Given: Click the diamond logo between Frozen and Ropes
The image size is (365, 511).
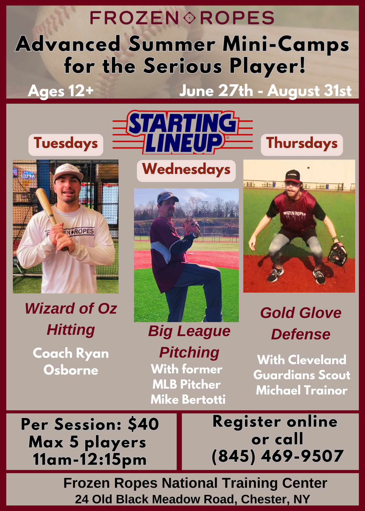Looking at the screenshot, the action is [x=189, y=18].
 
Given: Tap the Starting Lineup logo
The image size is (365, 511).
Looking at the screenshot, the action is [x=182, y=132].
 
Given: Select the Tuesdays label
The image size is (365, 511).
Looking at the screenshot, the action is [x=66, y=145].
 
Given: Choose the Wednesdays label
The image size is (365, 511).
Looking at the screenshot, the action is [x=186, y=171].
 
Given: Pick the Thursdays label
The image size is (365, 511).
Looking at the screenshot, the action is [x=302, y=145].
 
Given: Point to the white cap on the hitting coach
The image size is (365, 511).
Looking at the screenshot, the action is [x=68, y=172].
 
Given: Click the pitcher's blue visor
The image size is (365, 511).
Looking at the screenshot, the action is [x=167, y=197].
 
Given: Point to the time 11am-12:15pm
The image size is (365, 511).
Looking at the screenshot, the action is [x=90, y=460].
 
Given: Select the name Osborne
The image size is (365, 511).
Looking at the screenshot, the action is [x=71, y=370].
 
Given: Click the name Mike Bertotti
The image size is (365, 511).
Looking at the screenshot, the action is [x=188, y=399].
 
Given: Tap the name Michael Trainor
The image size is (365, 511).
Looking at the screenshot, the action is [x=302, y=390].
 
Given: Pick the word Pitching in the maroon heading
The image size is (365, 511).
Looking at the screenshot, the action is [x=189, y=353].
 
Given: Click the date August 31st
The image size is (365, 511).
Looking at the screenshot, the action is [x=309, y=91].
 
